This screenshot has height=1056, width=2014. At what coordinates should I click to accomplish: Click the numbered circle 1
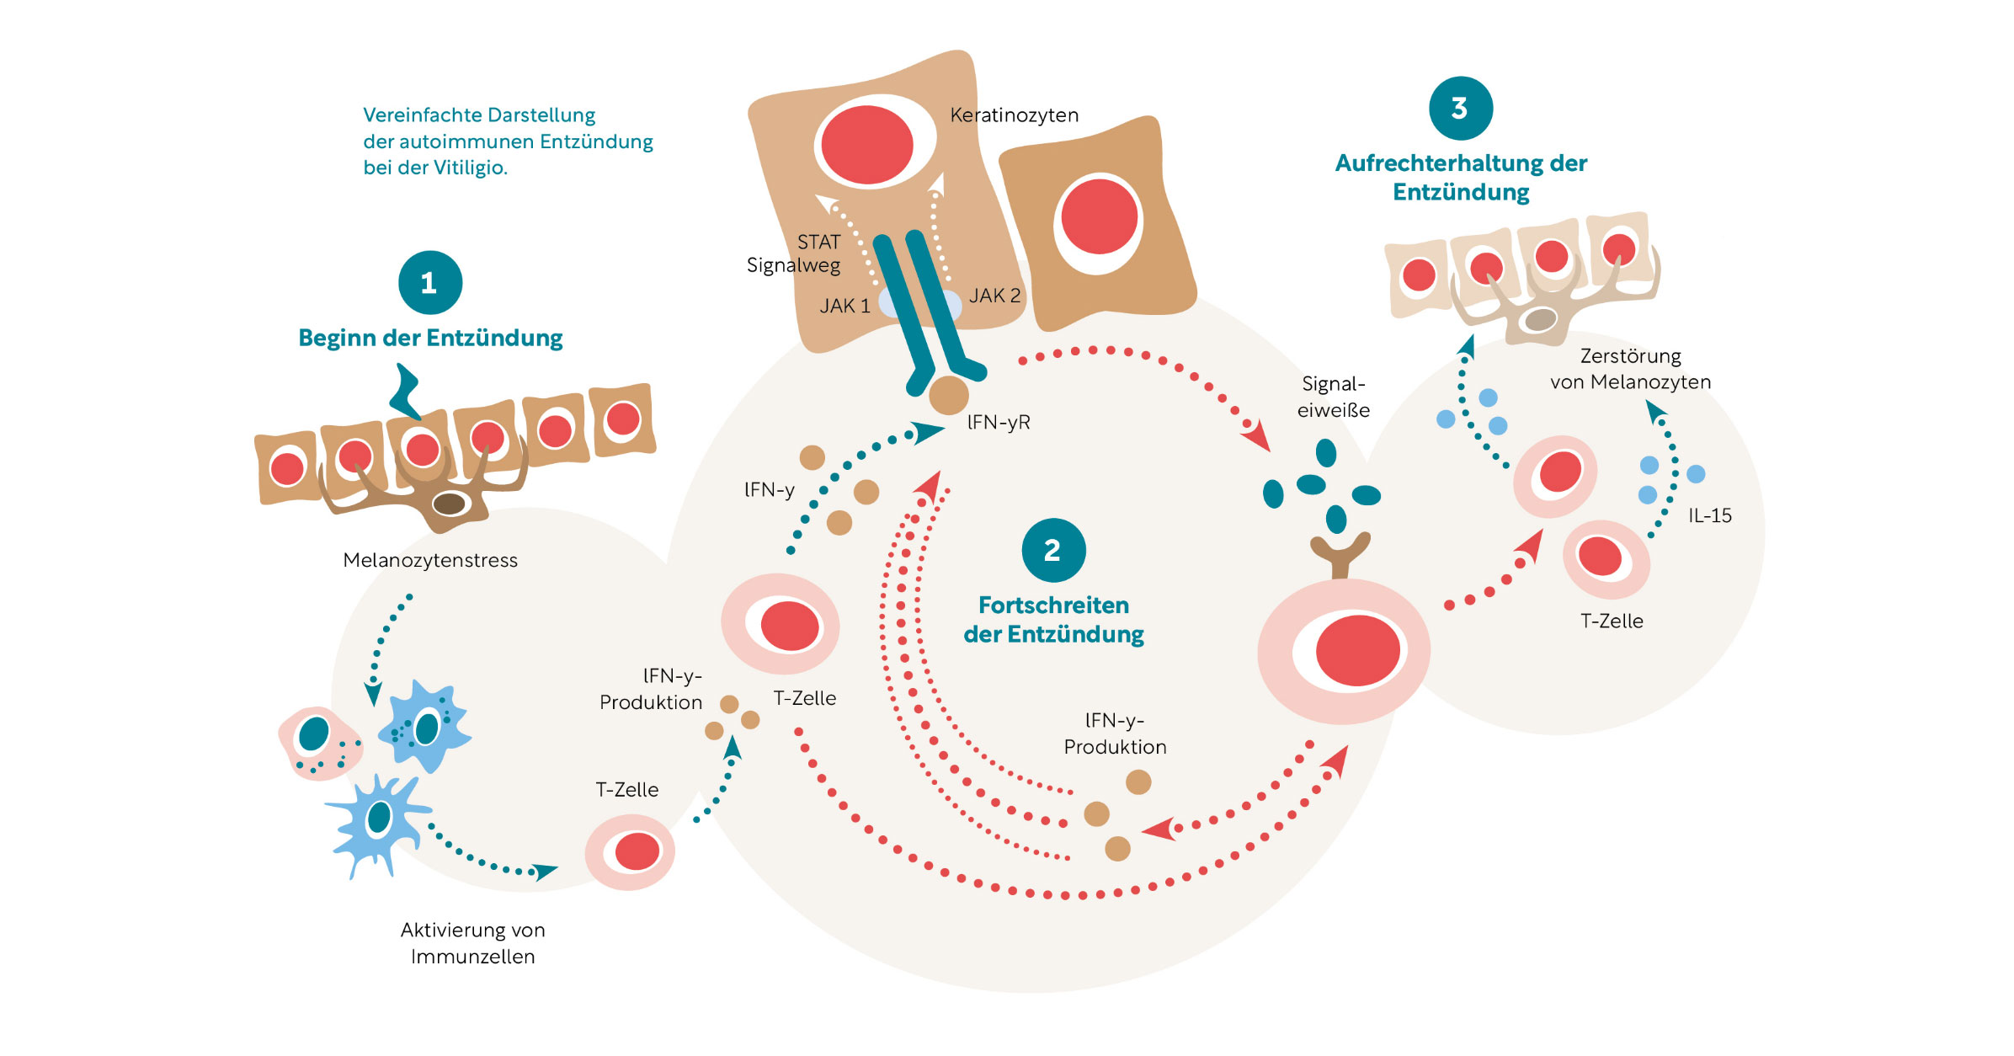(430, 282)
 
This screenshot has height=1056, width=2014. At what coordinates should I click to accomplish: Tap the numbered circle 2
(1053, 550)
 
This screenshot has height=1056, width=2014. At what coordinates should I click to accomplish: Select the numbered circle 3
(1461, 108)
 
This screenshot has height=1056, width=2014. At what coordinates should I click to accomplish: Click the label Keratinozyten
(1014, 115)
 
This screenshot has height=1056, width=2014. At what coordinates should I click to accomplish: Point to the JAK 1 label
(844, 306)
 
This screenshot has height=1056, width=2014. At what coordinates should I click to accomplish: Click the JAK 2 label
(994, 296)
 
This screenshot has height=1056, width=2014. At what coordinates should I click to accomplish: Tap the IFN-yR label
(999, 423)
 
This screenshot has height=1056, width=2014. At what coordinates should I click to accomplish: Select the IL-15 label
(1709, 515)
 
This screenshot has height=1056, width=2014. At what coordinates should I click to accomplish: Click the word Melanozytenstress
(430, 560)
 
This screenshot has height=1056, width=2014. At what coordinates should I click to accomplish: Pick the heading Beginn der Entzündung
(430, 338)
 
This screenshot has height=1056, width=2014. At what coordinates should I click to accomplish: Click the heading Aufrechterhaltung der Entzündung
(1461, 177)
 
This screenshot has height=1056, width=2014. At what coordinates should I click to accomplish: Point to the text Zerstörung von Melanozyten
(1630, 369)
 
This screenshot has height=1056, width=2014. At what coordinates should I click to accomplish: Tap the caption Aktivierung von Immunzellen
(472, 942)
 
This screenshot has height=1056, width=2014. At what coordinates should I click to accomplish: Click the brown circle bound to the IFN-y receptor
(949, 394)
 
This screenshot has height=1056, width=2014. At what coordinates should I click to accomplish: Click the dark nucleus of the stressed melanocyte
(450, 504)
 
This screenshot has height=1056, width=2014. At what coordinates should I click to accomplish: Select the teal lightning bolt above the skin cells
(407, 392)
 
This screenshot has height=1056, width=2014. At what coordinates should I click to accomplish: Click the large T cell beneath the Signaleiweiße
(1343, 650)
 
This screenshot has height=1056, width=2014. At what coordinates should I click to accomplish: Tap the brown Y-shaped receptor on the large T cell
(1340, 556)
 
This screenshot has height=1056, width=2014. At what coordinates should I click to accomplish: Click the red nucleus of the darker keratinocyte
(1100, 216)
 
